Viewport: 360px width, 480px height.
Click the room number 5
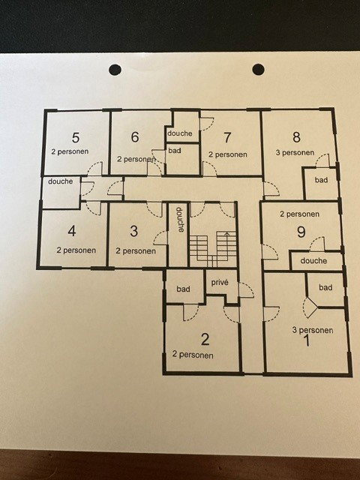coord(76,138)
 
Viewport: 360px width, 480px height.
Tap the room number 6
coord(135,136)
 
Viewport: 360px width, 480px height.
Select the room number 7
coord(226,138)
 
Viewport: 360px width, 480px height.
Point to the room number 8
coord(296,137)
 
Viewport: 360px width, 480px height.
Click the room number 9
coord(301,232)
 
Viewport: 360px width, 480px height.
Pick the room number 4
coord(72,231)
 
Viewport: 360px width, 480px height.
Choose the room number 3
coord(133,232)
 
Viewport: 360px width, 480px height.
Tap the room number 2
coord(205,340)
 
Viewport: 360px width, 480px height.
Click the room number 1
coord(307,340)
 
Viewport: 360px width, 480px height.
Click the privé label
coord(220,282)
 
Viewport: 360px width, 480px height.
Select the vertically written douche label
coord(180,220)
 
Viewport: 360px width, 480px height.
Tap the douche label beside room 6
coord(180,133)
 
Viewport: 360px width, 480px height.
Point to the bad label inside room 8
coord(322,180)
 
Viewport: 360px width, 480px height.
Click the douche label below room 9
coord(313,261)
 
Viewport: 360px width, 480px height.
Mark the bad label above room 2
coord(183,289)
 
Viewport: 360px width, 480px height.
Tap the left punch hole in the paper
coord(115,70)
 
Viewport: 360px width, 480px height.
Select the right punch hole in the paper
coord(258,70)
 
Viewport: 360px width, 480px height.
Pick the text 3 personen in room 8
coord(295,152)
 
